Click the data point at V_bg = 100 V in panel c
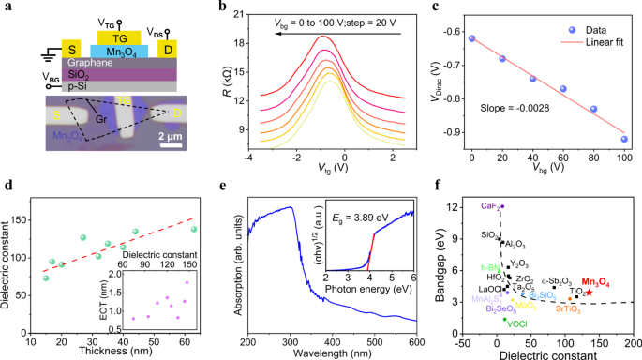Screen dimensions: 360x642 [597, 139]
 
